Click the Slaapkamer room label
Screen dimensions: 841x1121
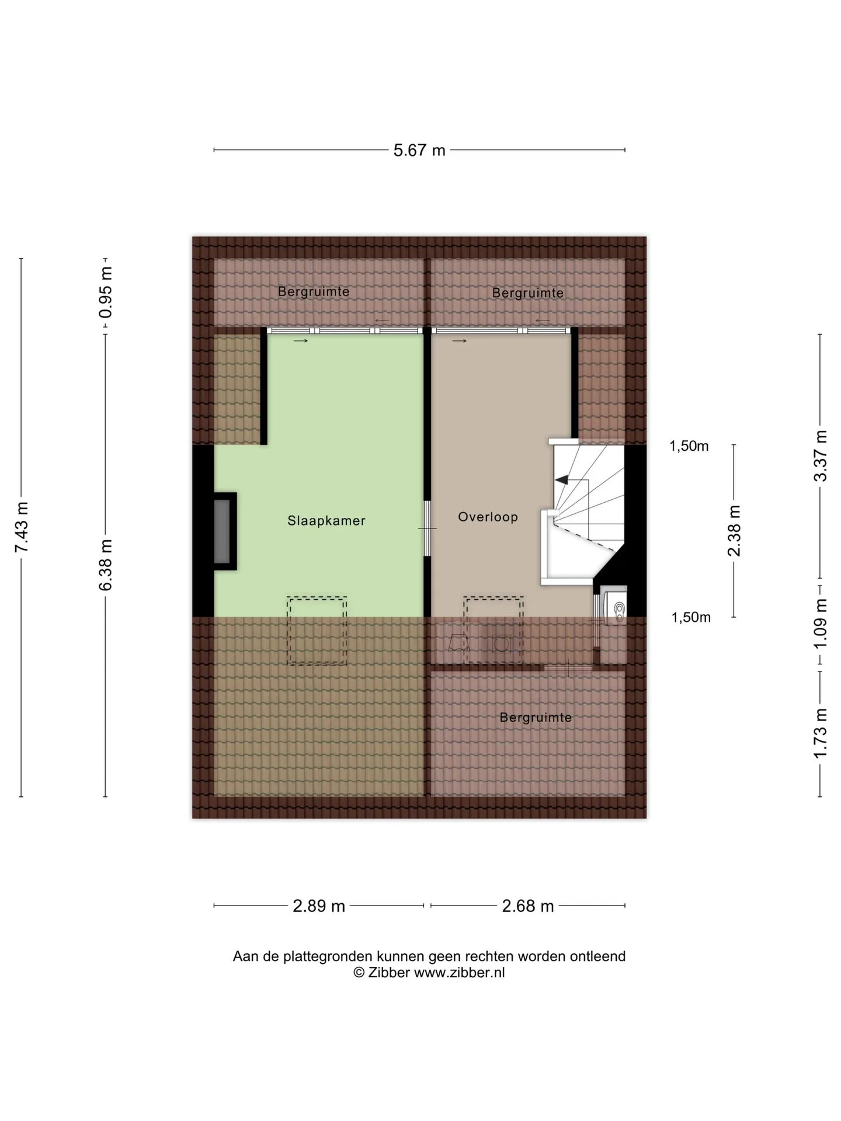click(326, 520)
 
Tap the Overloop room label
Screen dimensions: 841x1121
click(488, 517)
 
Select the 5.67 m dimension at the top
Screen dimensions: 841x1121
click(419, 150)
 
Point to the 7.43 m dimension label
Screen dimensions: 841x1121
click(22, 527)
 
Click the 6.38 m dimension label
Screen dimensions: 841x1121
click(105, 565)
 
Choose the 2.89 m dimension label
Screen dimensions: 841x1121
click(319, 906)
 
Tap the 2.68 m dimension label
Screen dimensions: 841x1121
click(528, 906)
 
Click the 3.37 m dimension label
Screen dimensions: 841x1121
click(821, 455)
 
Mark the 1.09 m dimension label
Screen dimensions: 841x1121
click(821, 622)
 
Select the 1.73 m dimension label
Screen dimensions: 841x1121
click(821, 733)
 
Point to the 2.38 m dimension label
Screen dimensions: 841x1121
click(734, 531)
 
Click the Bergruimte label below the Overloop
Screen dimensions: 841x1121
click(536, 718)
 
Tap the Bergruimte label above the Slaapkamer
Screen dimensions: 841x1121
click(314, 291)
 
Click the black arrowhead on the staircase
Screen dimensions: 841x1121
click(562, 480)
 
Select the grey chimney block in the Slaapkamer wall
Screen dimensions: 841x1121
click(222, 531)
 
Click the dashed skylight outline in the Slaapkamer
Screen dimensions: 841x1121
click(317, 631)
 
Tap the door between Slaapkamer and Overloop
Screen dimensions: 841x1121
click(427, 528)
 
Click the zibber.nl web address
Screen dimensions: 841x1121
click(459, 972)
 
